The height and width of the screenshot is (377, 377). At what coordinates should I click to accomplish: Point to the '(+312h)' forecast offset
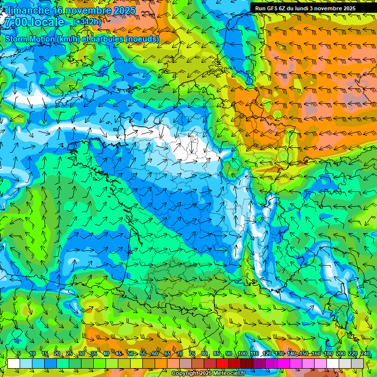click(x=87, y=22)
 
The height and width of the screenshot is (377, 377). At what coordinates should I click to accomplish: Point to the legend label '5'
click(x=19, y=354)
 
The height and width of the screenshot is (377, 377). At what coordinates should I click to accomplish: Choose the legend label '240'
click(x=365, y=354)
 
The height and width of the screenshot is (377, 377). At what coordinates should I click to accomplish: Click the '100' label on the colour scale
click(x=242, y=354)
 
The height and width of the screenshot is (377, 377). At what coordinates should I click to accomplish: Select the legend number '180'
click(x=328, y=354)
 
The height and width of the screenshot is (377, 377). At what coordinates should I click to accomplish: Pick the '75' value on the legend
click(x=192, y=354)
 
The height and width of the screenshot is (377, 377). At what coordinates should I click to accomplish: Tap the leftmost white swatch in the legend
click(x=13, y=363)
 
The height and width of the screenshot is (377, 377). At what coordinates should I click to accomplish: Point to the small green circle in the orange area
click(x=277, y=115)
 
